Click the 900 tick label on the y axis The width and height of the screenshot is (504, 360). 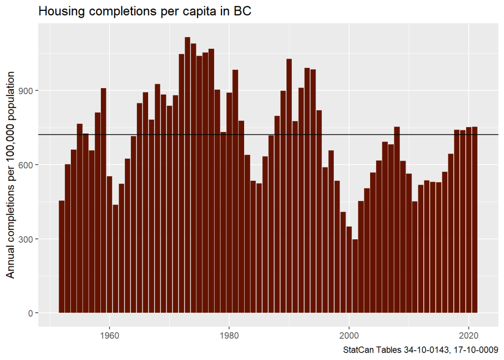(25, 91)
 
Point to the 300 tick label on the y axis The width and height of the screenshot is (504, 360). (25, 239)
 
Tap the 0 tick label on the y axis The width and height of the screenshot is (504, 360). (29, 313)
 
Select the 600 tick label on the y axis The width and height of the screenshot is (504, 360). (25, 165)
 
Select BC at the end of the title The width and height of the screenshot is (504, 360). (244, 11)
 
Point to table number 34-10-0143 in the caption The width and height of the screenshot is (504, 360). (428, 351)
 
